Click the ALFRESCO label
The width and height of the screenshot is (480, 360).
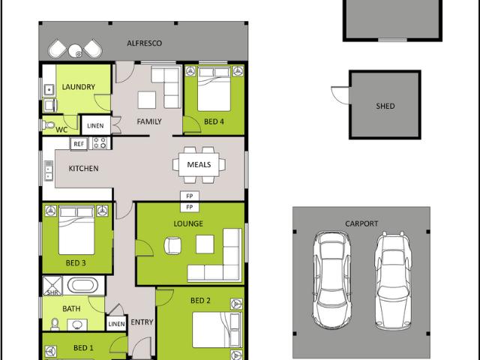click(144, 43)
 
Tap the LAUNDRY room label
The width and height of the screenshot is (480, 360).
click(78, 87)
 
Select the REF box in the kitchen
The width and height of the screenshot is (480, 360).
click(79, 142)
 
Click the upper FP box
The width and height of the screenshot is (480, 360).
click(189, 196)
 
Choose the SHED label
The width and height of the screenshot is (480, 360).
click(385, 106)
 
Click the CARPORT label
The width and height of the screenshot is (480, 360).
click(361, 223)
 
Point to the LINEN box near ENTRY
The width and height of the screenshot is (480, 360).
click(116, 324)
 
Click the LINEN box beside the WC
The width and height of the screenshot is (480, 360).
click(95, 125)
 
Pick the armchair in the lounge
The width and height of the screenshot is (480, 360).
click(174, 244)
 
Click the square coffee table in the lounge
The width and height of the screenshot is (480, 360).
click(205, 244)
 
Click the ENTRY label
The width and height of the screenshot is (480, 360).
click(142, 322)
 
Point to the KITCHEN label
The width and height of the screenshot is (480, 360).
click(83, 168)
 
